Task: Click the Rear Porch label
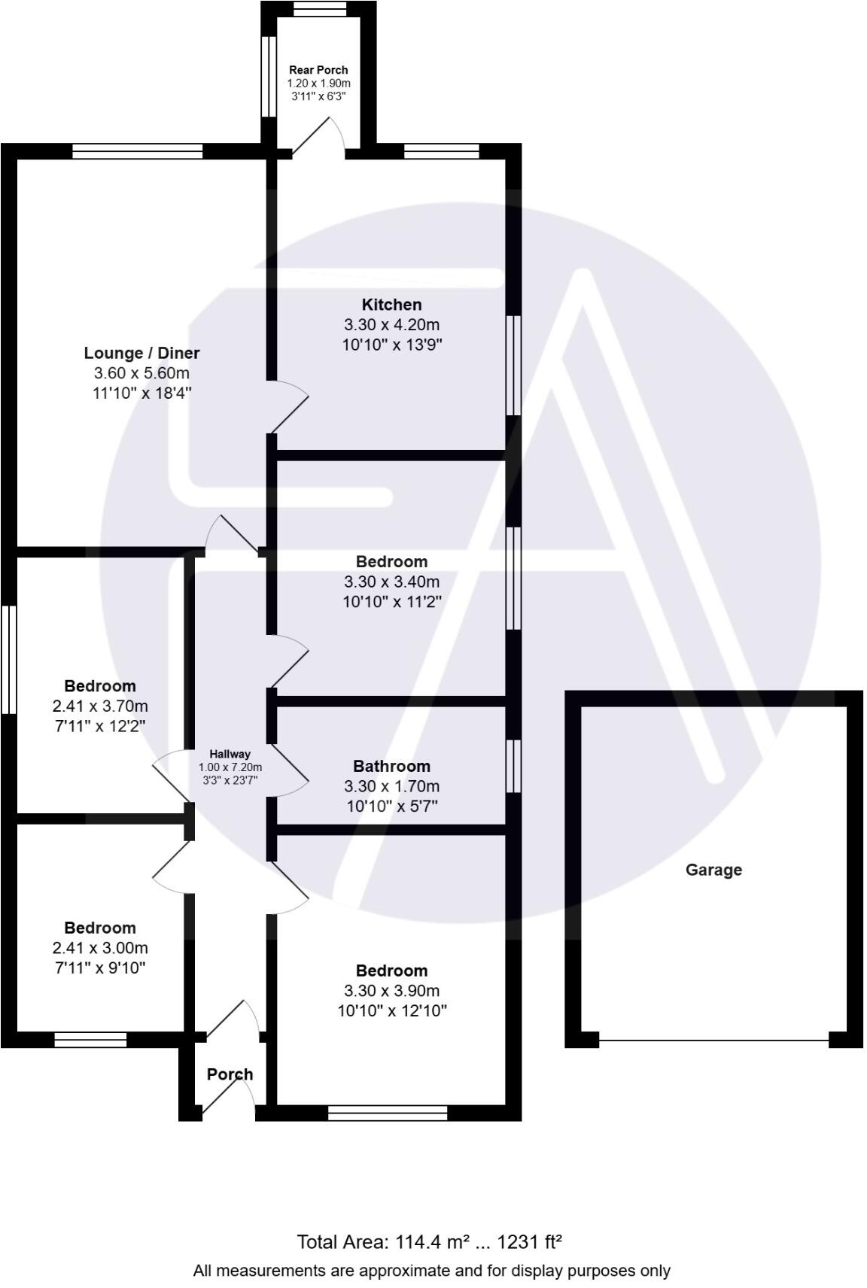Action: (318, 70)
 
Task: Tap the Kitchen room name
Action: (391, 305)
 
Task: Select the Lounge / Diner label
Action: (141, 353)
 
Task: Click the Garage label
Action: (713, 870)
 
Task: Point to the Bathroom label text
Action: (391, 766)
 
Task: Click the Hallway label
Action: (230, 754)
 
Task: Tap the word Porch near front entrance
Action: (230, 1074)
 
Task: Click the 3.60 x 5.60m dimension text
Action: (141, 373)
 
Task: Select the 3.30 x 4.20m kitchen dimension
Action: (391, 325)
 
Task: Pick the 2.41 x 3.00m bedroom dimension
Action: (100, 947)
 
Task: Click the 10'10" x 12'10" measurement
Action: (391, 1010)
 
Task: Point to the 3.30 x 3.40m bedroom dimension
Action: (391, 582)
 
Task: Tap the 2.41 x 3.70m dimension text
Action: (100, 706)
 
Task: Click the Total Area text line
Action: (430, 1241)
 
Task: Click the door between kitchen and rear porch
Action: (318, 138)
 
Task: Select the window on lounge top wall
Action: (138, 151)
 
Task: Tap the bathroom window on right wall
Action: (513, 766)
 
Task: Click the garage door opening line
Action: (713, 1040)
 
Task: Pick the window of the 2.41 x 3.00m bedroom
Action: (90, 1040)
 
